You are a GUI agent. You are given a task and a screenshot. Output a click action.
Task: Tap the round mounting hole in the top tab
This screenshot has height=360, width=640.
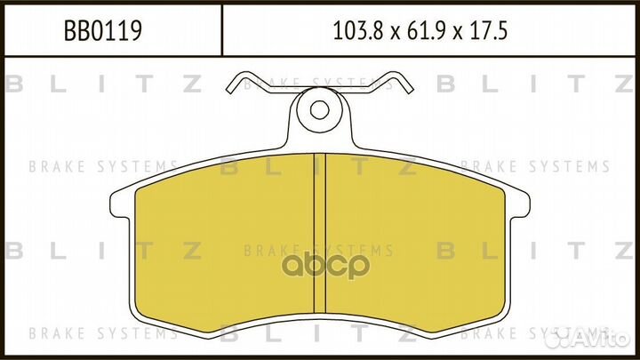[x=318, y=110]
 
